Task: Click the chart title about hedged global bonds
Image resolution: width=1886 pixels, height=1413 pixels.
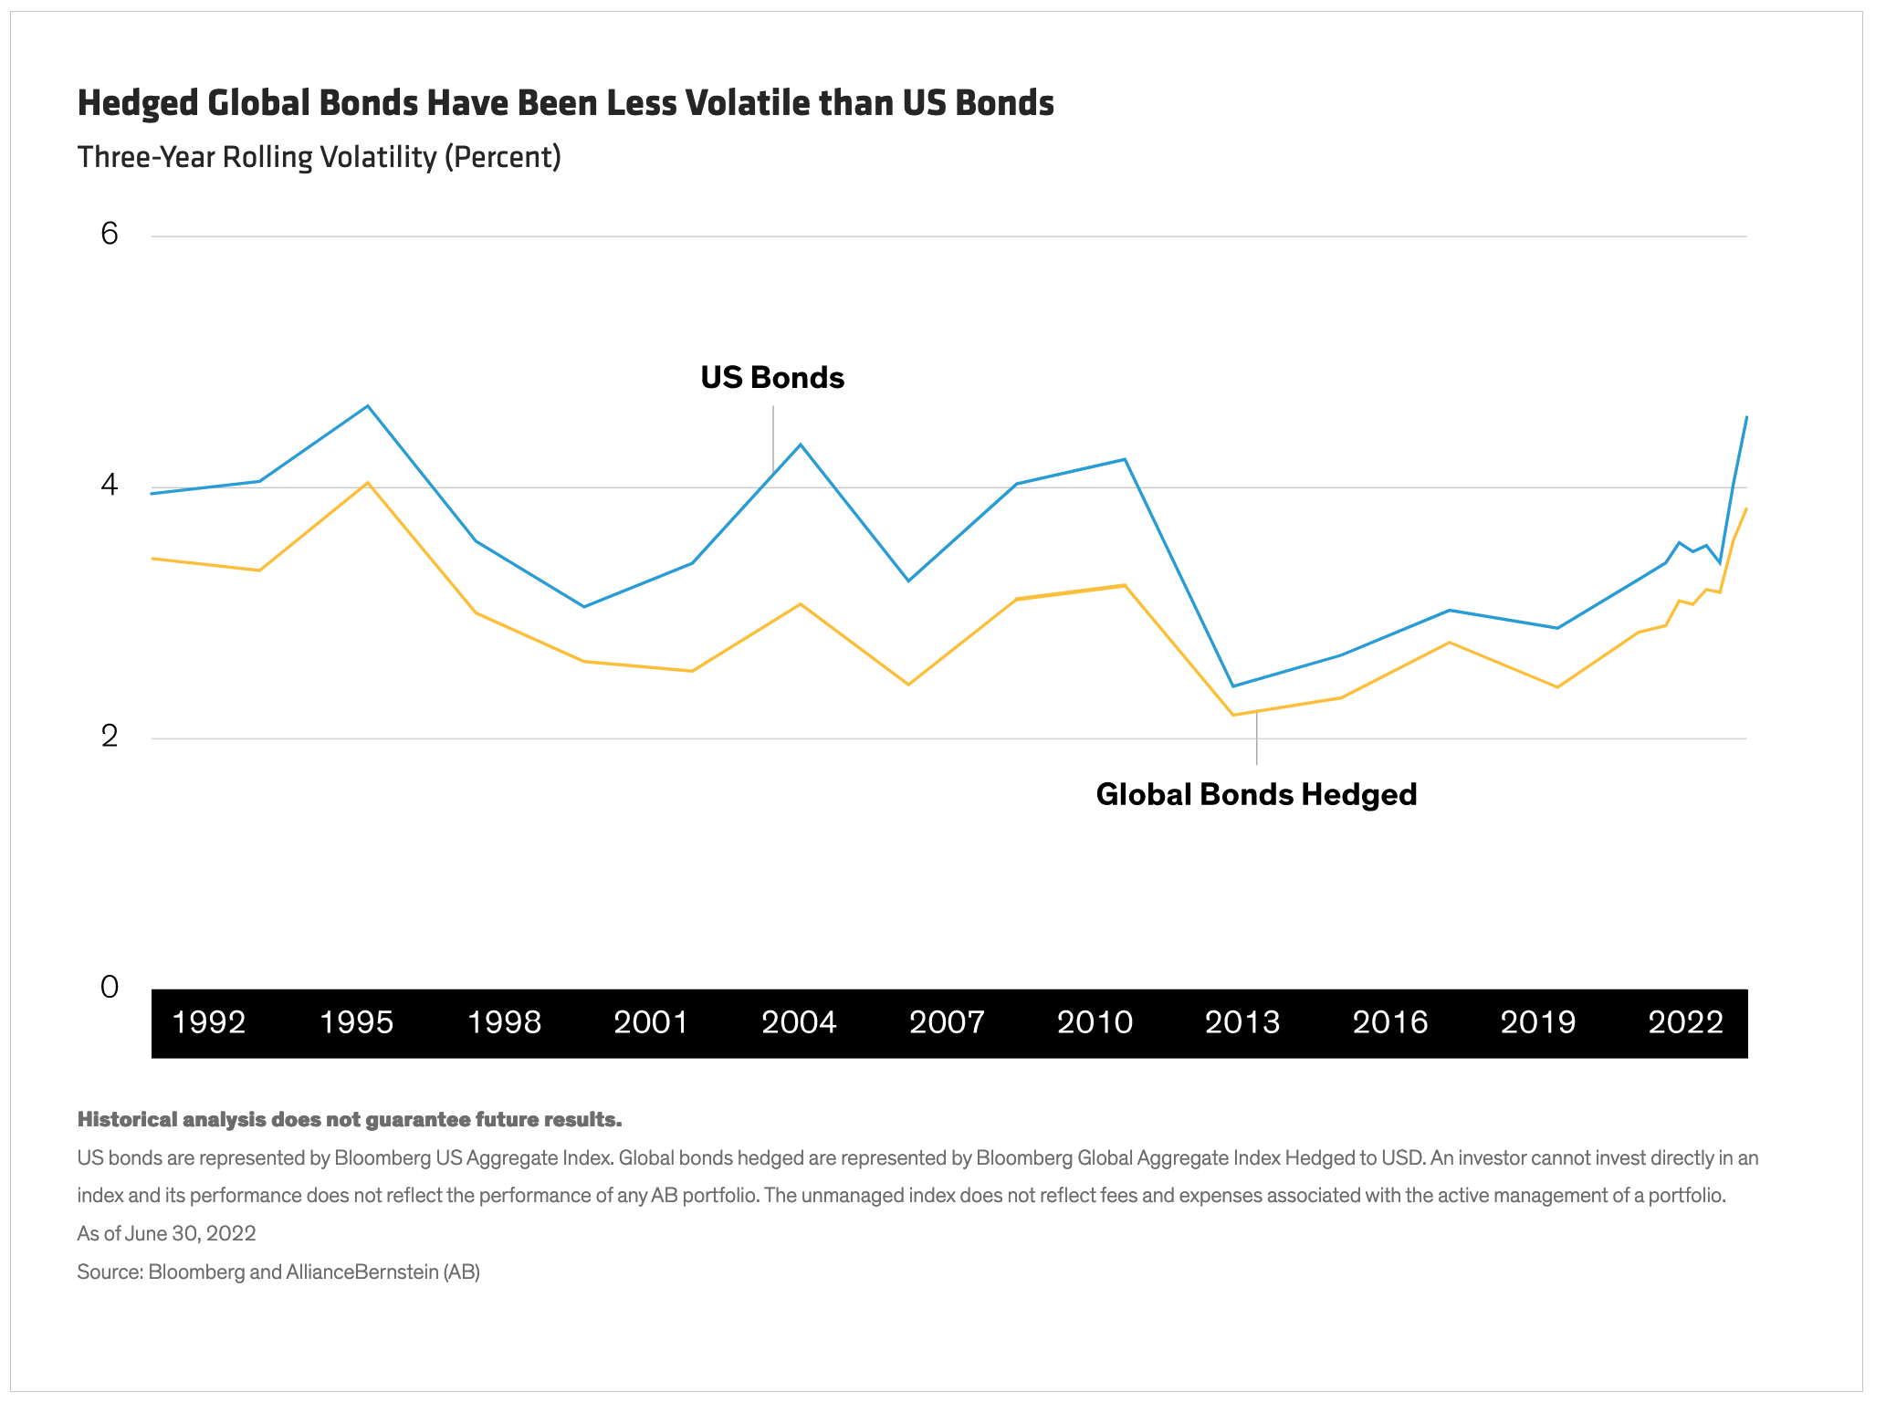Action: point(565,103)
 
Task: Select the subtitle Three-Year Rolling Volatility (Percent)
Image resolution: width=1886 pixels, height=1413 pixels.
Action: point(319,157)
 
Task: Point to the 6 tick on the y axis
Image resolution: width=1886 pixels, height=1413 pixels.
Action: point(110,235)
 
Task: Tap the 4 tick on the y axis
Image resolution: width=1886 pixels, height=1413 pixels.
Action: point(110,485)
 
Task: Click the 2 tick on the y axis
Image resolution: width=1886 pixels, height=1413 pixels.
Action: point(110,736)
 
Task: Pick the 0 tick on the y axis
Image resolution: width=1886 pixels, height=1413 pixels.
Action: point(110,987)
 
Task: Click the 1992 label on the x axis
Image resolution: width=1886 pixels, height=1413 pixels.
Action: point(209,1022)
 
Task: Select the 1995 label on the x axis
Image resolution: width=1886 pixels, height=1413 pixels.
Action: point(356,1022)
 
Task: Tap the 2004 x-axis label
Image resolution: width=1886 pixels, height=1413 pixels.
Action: point(799,1022)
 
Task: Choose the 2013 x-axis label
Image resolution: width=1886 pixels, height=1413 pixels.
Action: point(1242,1022)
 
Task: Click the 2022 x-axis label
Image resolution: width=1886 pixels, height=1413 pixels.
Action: point(1685,1022)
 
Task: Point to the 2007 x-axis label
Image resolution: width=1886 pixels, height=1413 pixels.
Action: point(947,1022)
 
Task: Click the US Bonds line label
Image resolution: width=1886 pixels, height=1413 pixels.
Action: point(772,378)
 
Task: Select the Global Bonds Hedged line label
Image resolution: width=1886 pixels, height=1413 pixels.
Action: point(1256,794)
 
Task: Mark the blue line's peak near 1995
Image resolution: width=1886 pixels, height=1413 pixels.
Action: point(368,405)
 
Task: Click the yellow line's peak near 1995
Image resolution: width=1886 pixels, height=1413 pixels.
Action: point(368,482)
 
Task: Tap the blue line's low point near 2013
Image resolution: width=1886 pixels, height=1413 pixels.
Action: point(1232,686)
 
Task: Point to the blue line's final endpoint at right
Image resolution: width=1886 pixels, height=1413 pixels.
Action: point(1746,416)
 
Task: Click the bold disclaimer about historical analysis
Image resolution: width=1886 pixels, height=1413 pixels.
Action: point(349,1120)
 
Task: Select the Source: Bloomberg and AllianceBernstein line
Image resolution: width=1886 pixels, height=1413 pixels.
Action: point(278,1272)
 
